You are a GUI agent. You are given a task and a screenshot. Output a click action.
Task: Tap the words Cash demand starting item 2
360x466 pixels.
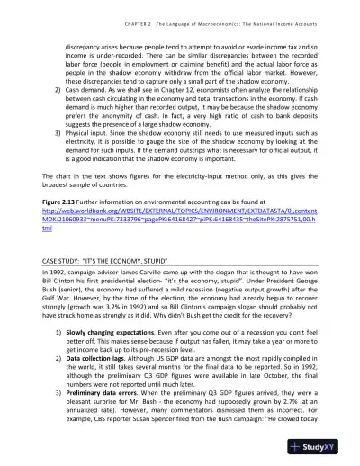pos(84,94)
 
